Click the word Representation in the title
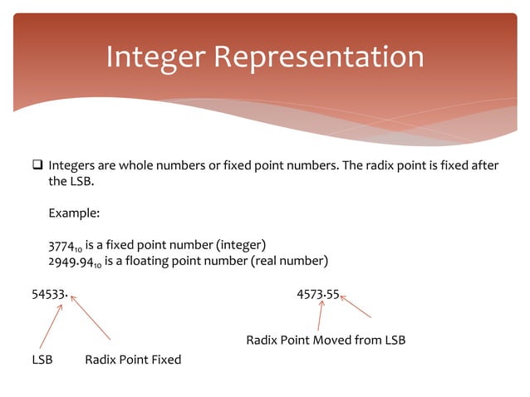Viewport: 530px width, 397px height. [x=319, y=56]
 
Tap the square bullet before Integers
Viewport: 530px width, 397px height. [x=38, y=165]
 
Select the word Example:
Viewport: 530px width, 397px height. [x=74, y=213]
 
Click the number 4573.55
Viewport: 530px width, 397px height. [x=317, y=294]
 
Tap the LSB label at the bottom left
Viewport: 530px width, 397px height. [x=42, y=360]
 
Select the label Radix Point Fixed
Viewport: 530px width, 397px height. [x=133, y=360]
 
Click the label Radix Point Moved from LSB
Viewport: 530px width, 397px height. [x=326, y=341]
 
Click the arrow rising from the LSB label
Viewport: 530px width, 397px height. [x=50, y=326]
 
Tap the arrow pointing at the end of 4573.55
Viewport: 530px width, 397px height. [x=356, y=306]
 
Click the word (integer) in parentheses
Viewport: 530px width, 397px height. [x=241, y=244]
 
